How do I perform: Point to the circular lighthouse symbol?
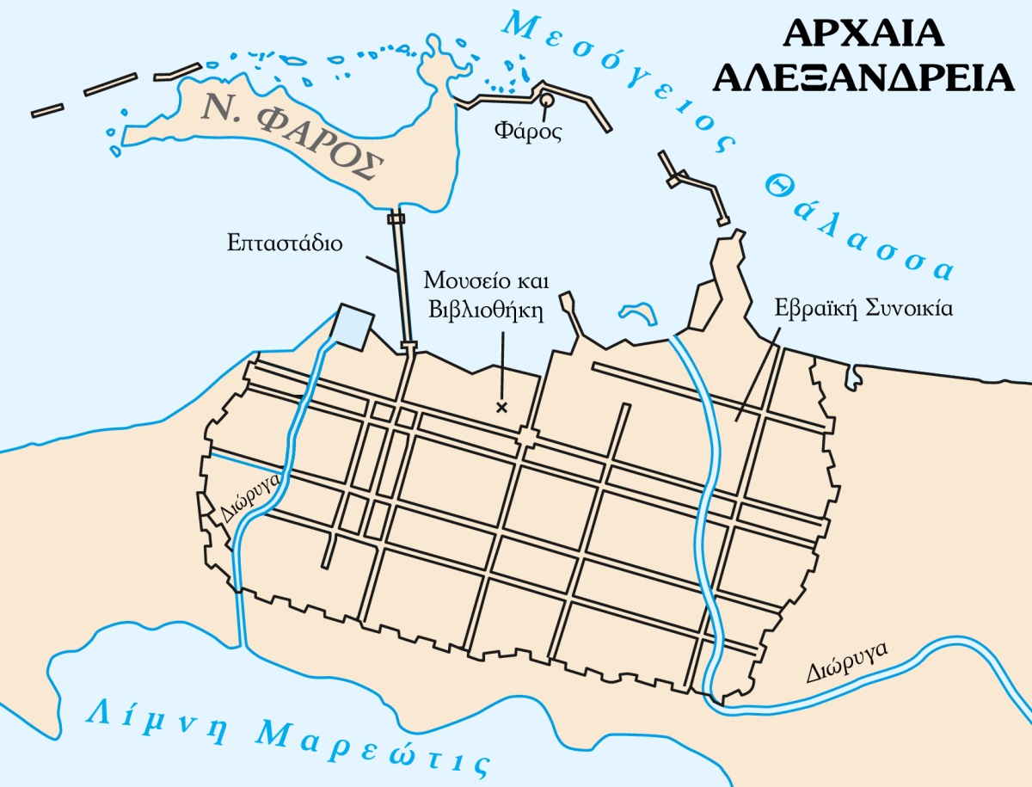coord(546,101)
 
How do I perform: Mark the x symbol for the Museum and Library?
coord(502,408)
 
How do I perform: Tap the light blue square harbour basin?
coord(353,325)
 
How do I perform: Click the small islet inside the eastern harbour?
coord(636,312)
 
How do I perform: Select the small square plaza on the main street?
coord(525,438)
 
